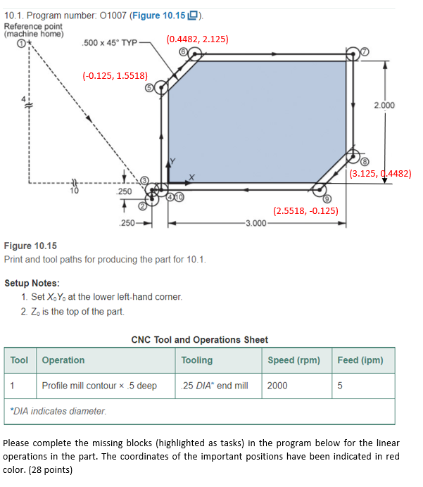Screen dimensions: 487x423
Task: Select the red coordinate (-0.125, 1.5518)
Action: click(x=115, y=75)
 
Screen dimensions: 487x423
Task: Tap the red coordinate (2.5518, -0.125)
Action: click(x=305, y=210)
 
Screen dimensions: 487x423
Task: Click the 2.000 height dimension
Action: click(x=384, y=105)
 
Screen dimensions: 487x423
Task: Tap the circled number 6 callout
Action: click(x=182, y=52)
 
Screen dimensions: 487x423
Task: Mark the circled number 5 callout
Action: click(x=149, y=87)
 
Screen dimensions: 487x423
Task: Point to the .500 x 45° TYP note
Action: click(x=108, y=43)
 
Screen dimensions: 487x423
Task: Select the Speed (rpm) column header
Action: click(x=293, y=360)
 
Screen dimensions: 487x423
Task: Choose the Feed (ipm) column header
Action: click(x=360, y=360)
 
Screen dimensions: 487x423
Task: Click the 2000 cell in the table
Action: click(x=277, y=386)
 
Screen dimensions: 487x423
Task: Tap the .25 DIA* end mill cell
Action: click(x=214, y=386)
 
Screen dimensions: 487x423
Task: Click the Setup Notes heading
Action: click(x=32, y=283)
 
